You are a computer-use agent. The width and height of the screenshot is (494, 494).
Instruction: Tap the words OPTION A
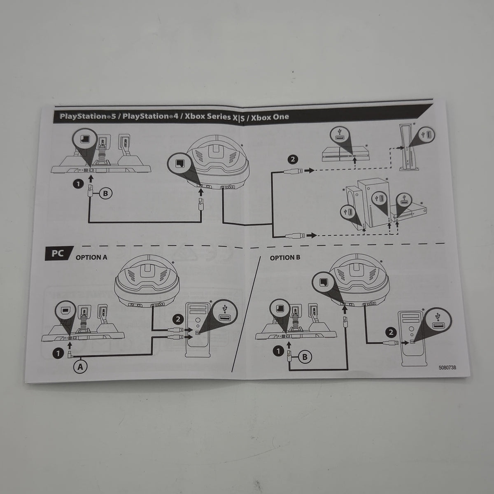click(91, 257)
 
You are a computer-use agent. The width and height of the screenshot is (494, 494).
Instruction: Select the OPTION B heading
click(285, 258)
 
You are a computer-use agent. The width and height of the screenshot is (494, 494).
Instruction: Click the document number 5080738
click(447, 367)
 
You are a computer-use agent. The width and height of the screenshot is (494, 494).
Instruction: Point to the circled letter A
click(80, 367)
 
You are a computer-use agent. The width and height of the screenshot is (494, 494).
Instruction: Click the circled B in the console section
click(105, 193)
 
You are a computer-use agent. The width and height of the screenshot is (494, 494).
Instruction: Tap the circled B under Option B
click(305, 357)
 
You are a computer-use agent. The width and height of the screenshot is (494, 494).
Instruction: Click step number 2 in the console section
click(293, 159)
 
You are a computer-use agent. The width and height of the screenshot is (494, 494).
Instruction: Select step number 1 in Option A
click(58, 354)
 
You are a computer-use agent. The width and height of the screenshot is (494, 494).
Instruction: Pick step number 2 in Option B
click(391, 333)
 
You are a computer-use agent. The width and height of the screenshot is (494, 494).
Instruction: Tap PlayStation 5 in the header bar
click(88, 116)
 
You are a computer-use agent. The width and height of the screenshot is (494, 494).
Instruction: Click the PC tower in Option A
click(198, 330)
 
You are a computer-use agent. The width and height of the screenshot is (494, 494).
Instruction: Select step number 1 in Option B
click(278, 351)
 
